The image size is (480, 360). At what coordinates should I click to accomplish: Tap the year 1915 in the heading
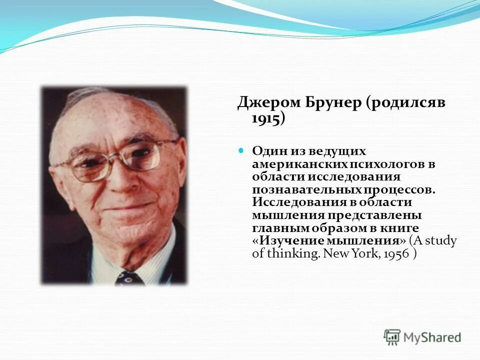coord(266,118)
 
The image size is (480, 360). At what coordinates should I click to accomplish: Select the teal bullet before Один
coord(240,150)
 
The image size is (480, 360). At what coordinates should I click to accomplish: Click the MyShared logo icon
coord(392,337)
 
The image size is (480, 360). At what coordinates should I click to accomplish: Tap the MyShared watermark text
coord(432,337)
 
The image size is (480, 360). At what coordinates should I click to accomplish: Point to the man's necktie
coord(129,278)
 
